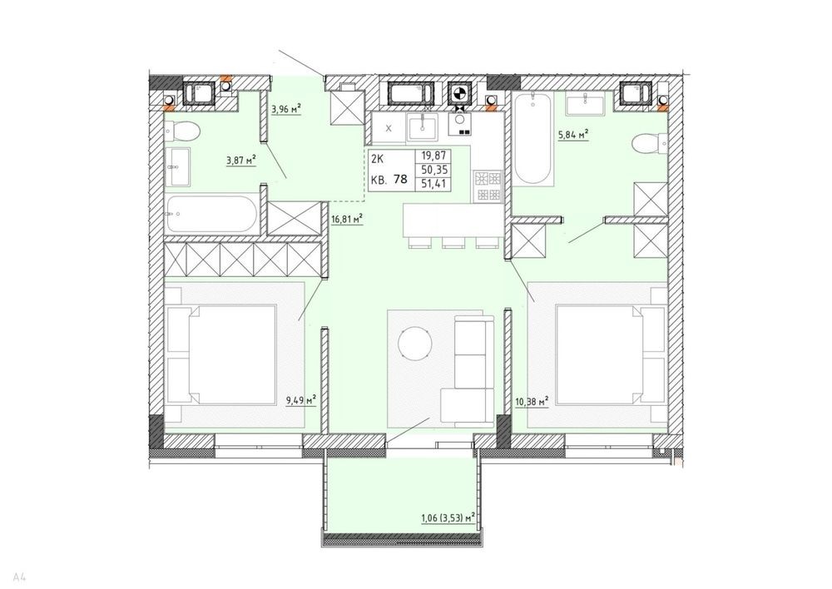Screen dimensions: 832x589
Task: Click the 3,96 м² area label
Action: [286, 110]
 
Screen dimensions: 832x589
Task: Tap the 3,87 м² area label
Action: [241, 160]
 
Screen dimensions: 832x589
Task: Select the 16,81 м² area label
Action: [346, 219]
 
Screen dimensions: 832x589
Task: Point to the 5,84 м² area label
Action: [573, 136]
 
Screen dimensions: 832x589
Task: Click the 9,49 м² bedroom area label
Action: [301, 400]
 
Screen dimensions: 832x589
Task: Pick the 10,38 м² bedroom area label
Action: [532, 402]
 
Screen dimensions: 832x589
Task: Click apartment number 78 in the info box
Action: [401, 179]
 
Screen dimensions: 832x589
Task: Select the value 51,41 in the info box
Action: [433, 184]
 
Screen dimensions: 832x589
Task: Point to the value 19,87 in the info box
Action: [433, 156]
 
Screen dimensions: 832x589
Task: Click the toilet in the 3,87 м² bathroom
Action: [181, 131]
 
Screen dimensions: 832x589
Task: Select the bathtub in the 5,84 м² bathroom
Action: [534, 139]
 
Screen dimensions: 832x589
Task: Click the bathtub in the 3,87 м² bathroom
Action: [211, 215]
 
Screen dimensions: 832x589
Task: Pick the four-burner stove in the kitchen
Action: [488, 186]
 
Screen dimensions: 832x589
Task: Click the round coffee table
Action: [415, 343]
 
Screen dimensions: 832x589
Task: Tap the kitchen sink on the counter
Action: [423, 127]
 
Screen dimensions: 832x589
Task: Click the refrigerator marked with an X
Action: [389, 128]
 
